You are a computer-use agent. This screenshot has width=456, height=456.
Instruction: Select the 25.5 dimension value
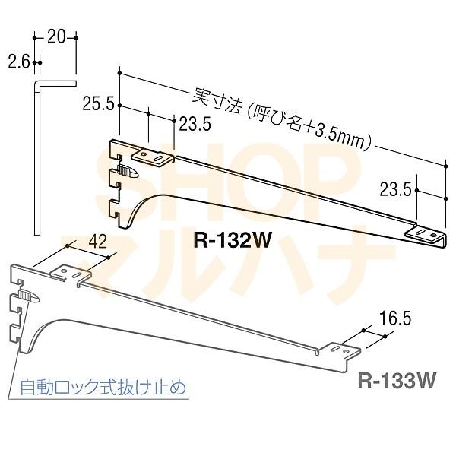click(99, 104)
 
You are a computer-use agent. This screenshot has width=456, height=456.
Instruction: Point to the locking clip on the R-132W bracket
click(128, 173)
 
